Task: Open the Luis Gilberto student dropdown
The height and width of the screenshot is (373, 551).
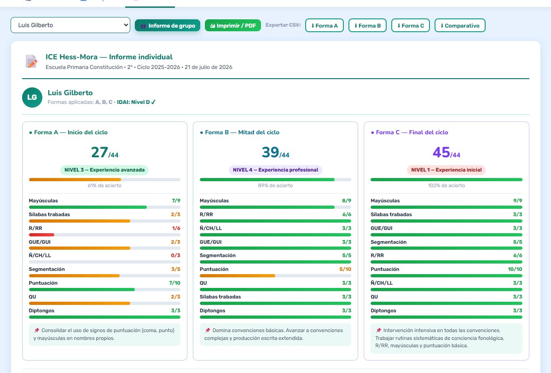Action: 70,25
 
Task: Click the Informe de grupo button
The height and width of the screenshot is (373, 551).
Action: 168,26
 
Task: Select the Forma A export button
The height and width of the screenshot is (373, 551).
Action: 325,26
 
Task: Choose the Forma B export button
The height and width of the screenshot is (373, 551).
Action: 367,26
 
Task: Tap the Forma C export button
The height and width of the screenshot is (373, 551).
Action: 411,26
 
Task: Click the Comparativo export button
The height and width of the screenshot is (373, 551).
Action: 460,26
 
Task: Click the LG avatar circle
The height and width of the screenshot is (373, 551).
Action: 32,98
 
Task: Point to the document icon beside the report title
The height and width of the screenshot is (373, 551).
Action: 31,61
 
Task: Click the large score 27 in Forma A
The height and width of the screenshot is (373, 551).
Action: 99,152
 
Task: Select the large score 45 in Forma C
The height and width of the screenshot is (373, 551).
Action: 441,152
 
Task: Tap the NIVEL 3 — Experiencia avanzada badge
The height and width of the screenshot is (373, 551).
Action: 104,170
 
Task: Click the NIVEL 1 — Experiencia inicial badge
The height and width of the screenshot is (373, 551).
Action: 447,170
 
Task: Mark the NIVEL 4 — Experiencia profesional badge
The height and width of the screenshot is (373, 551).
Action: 275,170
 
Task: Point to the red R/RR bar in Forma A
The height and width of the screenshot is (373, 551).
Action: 41,235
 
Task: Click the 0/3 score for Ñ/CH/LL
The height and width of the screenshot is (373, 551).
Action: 176,255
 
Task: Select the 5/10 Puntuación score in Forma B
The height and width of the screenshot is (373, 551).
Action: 345,269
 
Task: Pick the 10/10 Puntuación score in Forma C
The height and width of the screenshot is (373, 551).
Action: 515,269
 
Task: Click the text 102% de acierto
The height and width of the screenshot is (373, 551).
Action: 447,185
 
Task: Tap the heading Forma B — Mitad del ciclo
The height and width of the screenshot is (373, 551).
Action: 242,132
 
